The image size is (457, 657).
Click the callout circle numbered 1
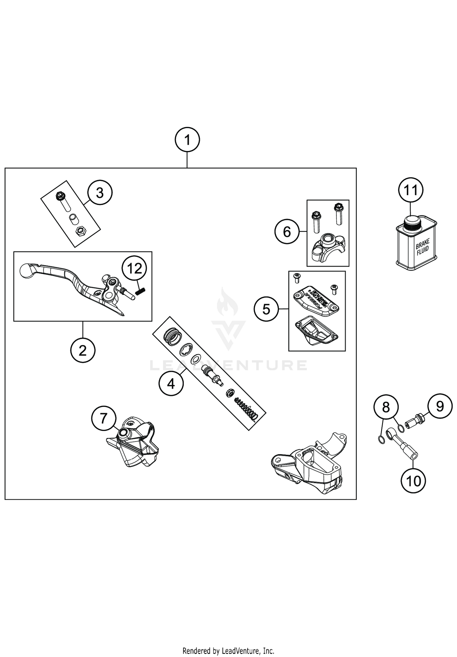[187, 140]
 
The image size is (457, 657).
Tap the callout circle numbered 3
[100, 193]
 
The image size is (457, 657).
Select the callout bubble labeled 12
[134, 268]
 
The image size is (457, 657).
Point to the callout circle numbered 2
[83, 350]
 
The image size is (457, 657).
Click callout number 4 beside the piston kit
[171, 383]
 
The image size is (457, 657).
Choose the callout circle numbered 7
[104, 418]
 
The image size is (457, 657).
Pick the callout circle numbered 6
[287, 232]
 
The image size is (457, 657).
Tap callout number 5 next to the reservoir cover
[266, 309]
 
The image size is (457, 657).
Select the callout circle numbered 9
[440, 406]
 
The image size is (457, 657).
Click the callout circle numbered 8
[386, 407]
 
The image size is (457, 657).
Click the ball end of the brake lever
[26, 270]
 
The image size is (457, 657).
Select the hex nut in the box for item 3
[80, 232]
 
